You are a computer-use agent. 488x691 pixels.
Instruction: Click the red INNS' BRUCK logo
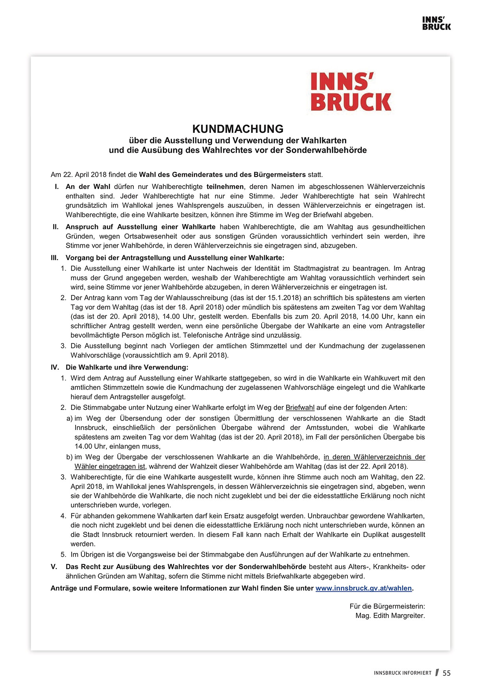pos(351,92)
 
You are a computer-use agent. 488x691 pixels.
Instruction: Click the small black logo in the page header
pos(436,23)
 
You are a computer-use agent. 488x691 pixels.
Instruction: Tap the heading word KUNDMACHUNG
pos(238,129)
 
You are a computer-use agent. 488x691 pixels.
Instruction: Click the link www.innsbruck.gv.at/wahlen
pos(363,588)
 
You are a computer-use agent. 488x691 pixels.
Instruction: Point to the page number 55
pos(447,673)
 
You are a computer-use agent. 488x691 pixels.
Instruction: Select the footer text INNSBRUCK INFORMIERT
pos(403,673)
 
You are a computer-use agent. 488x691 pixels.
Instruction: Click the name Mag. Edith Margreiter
pos(390,616)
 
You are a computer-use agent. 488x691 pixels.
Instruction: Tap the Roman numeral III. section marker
pos(55,258)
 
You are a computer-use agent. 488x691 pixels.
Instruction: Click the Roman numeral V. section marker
pos(54,567)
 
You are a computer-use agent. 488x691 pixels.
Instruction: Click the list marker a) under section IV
pos(70,418)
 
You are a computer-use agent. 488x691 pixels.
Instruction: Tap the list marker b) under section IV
pos(70,457)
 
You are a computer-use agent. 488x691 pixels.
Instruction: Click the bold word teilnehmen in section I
pos(225,186)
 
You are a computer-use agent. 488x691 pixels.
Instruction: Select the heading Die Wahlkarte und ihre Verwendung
pos(127,367)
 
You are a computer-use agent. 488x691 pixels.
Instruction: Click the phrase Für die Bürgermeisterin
pos(387,607)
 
